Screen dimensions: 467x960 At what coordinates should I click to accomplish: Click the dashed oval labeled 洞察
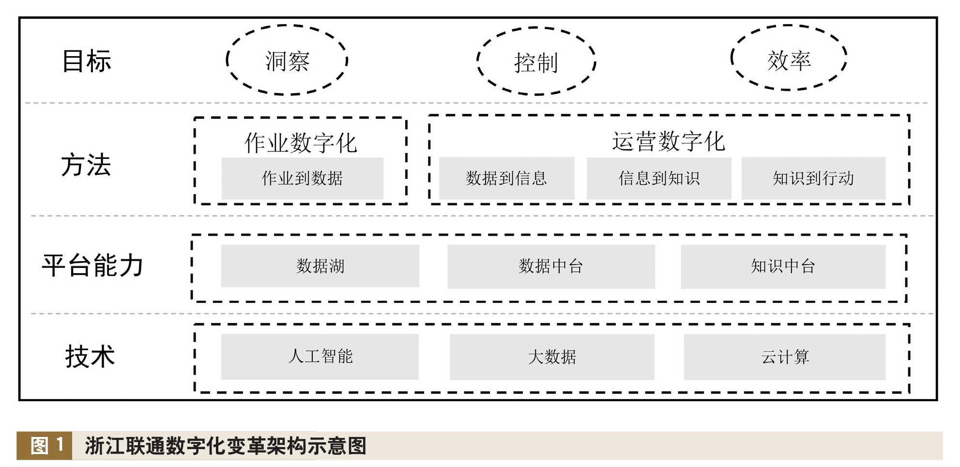point(287,61)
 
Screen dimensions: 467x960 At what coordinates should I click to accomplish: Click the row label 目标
point(87,62)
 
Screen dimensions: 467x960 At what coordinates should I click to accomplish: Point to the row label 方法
point(86,165)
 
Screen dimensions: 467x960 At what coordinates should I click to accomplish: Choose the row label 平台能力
point(92,265)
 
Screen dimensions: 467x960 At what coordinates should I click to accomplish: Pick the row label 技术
point(90,357)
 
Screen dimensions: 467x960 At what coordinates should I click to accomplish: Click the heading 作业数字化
point(301,142)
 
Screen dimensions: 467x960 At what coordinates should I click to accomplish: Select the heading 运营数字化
point(669,141)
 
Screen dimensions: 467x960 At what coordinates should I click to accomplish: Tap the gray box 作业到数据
point(302,178)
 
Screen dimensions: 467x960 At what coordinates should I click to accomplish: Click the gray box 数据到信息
point(506,178)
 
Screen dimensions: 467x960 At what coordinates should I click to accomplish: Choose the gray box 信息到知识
point(659,178)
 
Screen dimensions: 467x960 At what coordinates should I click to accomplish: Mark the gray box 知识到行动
point(813,178)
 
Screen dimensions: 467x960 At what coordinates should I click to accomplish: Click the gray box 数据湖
point(320,266)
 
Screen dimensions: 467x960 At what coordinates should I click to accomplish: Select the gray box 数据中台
point(551,266)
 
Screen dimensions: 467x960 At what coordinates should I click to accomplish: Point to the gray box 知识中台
point(783,266)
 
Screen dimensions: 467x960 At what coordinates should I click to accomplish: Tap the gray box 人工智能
point(320,357)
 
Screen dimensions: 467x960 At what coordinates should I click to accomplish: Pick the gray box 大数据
point(552,357)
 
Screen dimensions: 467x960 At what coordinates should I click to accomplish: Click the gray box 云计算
point(784,357)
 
